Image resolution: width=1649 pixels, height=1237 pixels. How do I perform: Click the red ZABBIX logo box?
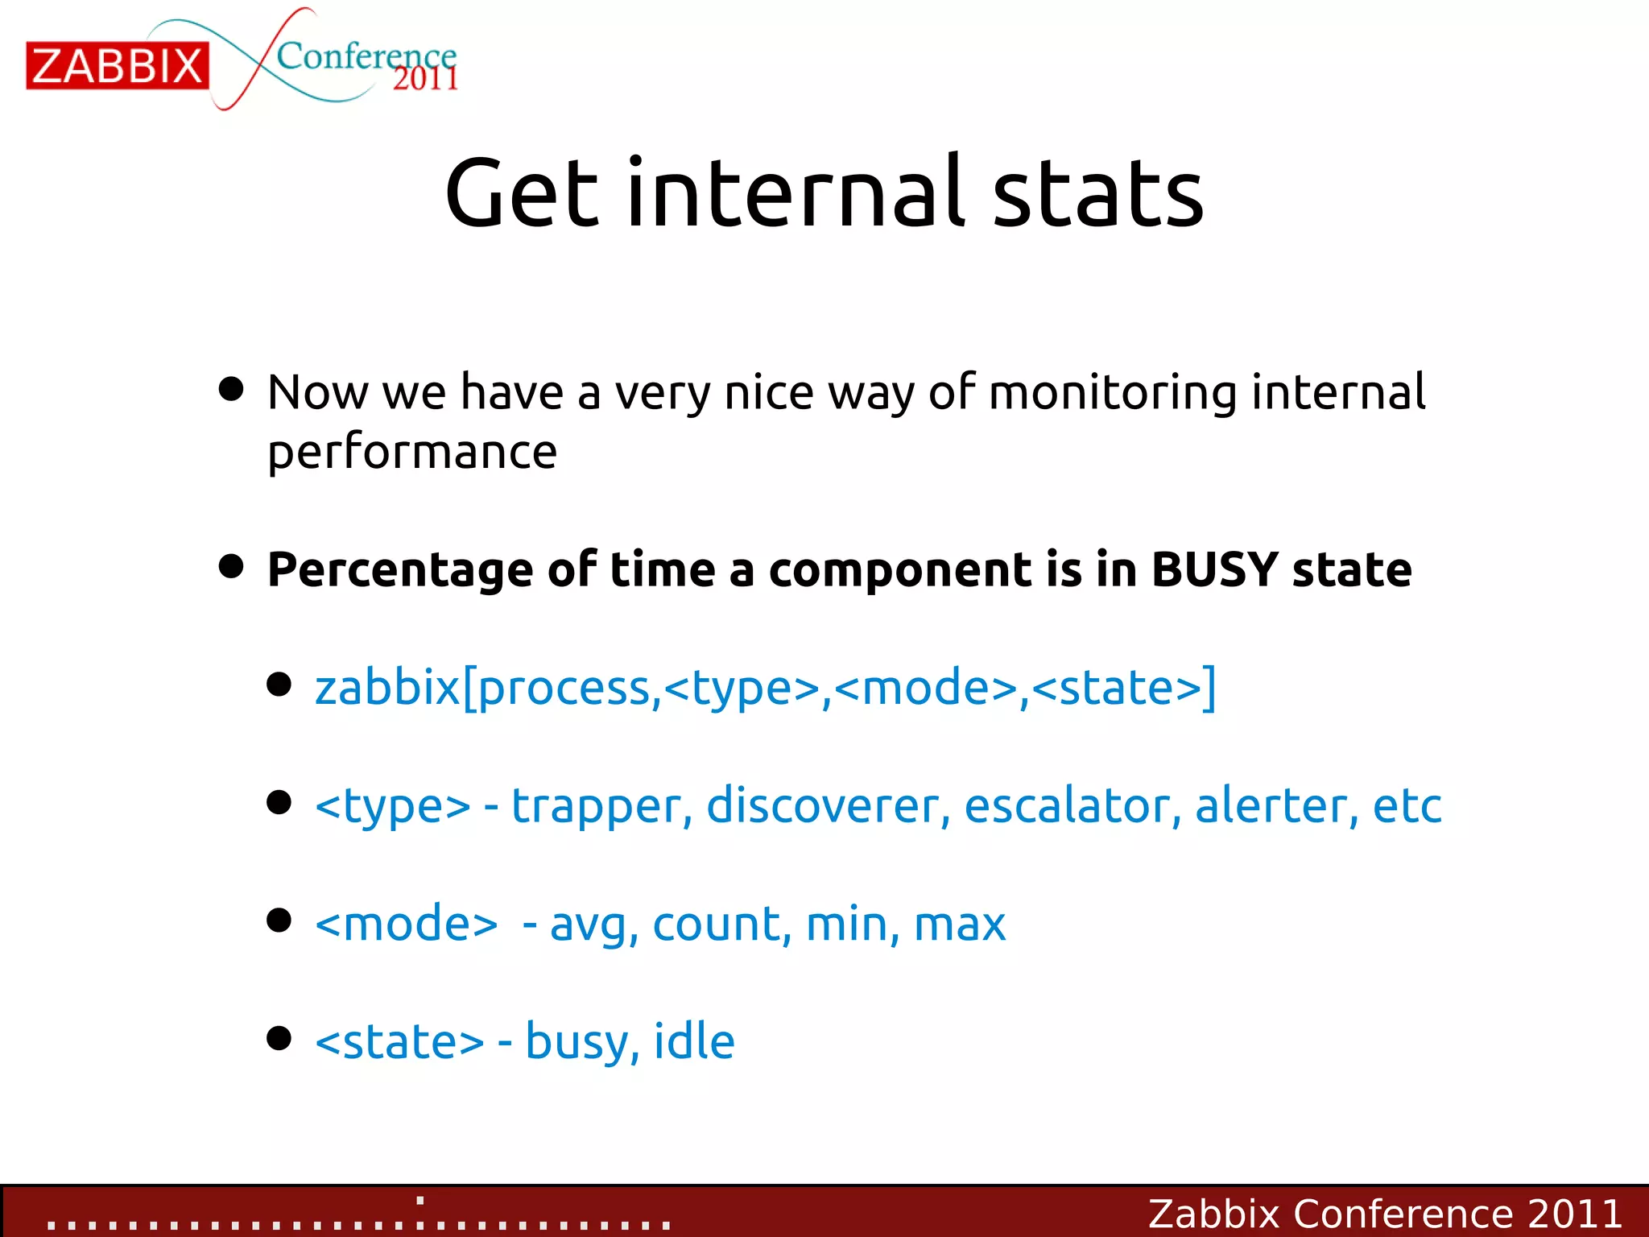(118, 65)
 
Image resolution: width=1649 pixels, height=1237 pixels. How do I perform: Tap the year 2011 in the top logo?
(425, 79)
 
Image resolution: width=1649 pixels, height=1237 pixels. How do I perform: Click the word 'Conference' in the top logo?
(366, 55)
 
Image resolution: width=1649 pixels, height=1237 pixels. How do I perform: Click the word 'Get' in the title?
(522, 193)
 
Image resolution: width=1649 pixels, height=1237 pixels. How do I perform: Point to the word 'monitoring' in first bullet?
(1112, 393)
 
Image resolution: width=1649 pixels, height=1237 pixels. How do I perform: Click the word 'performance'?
(412, 453)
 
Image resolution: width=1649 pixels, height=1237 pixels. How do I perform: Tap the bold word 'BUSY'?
(1214, 569)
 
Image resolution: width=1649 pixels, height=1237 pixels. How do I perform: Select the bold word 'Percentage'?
(400, 571)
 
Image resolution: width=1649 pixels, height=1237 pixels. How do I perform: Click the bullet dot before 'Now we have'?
(231, 389)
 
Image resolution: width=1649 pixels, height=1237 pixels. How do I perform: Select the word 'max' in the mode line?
(960, 924)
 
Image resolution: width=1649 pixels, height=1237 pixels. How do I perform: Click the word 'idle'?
(694, 1041)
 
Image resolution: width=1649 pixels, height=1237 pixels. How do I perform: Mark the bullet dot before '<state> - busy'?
(279, 1038)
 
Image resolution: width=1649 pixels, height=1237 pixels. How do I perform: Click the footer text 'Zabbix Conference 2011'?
(1384, 1214)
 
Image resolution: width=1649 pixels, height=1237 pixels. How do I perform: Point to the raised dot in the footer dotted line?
(420, 1201)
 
